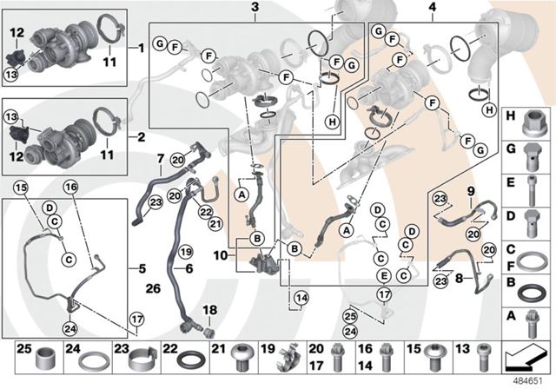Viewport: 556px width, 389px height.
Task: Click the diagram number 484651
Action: [x=529, y=381]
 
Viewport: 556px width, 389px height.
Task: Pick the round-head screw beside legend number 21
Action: [x=242, y=358]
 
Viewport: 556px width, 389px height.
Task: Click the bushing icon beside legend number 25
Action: [x=45, y=359]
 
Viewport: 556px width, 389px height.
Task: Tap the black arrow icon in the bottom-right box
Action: [x=526, y=357]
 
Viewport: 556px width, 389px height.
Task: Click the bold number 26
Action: [x=153, y=289]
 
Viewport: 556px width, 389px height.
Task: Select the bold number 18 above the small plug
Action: [x=209, y=310]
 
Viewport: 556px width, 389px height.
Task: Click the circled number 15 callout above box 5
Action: [x=21, y=187]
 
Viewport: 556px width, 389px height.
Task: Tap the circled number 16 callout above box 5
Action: [x=70, y=187]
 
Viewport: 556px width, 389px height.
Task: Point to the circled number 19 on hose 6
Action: [x=185, y=253]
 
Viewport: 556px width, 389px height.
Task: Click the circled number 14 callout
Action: [x=301, y=299]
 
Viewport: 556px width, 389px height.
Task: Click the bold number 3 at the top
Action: [x=255, y=7]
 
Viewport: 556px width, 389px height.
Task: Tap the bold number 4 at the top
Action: [x=433, y=7]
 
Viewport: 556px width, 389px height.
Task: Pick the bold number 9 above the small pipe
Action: [x=471, y=192]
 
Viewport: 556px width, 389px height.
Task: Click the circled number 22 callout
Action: [x=205, y=212]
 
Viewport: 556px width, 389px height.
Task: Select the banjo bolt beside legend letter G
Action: [x=531, y=157]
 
